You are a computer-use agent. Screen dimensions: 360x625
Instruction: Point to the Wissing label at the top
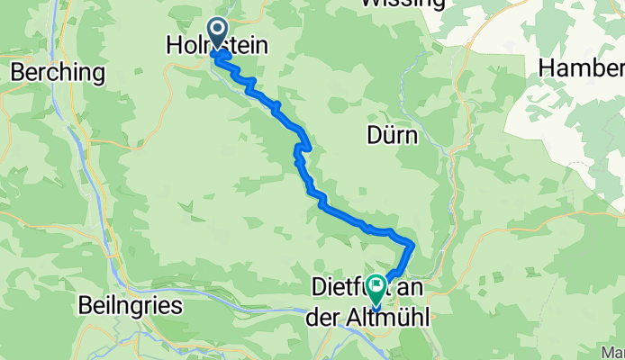[x=402, y=4]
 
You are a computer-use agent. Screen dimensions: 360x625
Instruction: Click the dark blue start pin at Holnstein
[x=218, y=32]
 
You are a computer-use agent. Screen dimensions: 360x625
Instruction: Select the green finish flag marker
[x=373, y=287]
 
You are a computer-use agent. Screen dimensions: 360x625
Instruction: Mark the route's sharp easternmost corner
[x=412, y=244]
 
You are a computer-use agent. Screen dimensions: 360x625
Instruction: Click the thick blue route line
[x=342, y=215]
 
